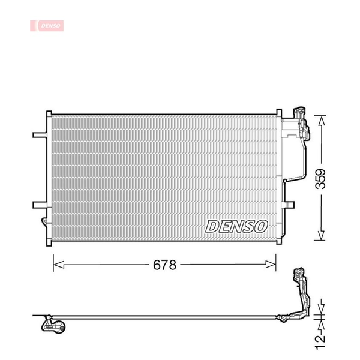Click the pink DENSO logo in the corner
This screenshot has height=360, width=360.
coord(47,25)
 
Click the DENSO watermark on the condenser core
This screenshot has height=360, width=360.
coord(236,226)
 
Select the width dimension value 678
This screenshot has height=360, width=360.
coord(164,265)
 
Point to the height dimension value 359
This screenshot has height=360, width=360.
coord(320,179)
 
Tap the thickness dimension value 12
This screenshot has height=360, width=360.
coord(320,343)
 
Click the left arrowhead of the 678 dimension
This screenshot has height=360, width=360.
coord(59,265)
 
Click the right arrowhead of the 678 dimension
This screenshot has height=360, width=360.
coord(271,264)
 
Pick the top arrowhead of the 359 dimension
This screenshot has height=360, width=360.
coord(322,121)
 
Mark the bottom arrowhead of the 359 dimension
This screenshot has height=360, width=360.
coord(321,235)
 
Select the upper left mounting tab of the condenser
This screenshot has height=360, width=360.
coord(40,135)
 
